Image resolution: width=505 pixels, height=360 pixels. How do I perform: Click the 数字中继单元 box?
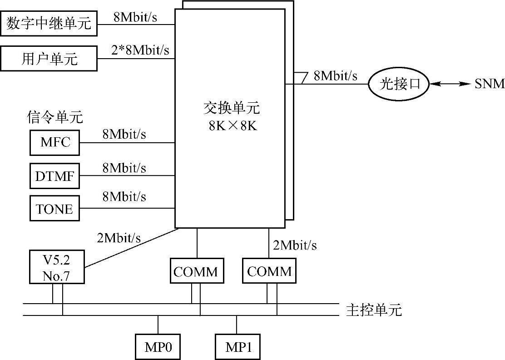(x=49, y=23)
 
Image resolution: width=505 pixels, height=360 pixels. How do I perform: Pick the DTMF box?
(x=54, y=176)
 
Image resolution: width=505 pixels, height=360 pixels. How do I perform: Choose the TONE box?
(x=54, y=209)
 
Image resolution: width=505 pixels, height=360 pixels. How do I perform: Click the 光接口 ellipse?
(x=398, y=84)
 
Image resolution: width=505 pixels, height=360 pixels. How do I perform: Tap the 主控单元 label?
(x=374, y=310)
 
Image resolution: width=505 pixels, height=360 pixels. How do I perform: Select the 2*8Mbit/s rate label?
(x=140, y=50)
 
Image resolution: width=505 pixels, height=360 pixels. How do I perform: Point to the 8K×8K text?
(x=233, y=125)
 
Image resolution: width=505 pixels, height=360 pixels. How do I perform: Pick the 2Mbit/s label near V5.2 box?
(x=119, y=237)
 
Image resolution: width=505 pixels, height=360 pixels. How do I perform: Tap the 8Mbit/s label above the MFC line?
(x=124, y=134)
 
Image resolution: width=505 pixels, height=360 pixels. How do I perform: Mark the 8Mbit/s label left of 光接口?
(x=335, y=76)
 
